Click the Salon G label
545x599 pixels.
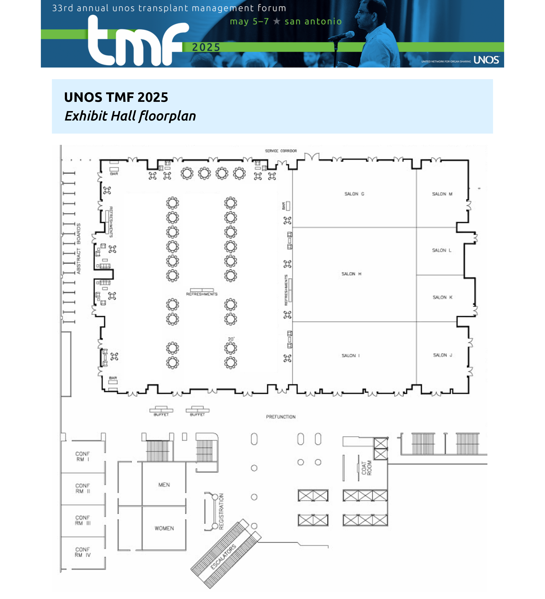click(354, 194)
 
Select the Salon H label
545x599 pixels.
click(351, 274)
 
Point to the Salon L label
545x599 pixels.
click(441, 250)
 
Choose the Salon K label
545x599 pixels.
click(442, 298)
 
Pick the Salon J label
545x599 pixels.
click(442, 355)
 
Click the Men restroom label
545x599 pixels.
click(164, 485)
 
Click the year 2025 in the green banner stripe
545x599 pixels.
click(206, 47)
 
